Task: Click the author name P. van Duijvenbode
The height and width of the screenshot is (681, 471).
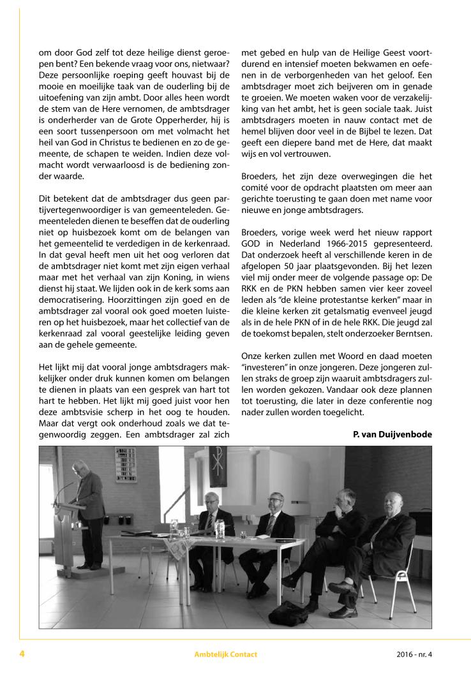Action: point(392,434)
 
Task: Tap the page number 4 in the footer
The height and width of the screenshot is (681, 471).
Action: point(22,654)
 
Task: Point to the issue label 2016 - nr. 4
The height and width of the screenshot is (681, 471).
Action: point(414,654)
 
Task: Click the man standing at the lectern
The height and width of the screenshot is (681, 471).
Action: point(89,504)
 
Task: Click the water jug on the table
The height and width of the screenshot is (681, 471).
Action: point(220,529)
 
